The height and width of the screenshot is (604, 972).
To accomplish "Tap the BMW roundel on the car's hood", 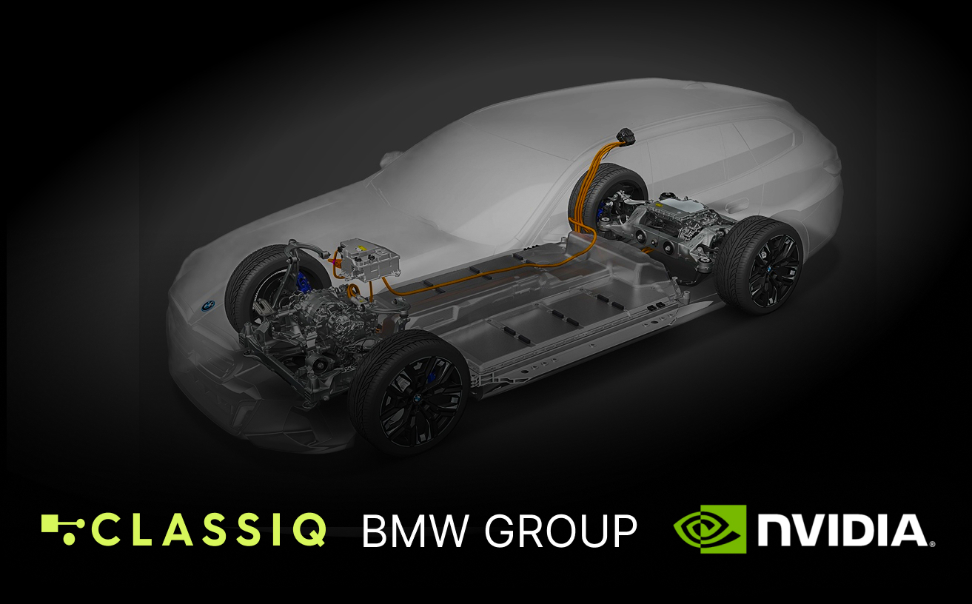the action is coord(208,305).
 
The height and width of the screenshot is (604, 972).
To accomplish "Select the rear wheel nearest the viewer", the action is coord(759,265).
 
